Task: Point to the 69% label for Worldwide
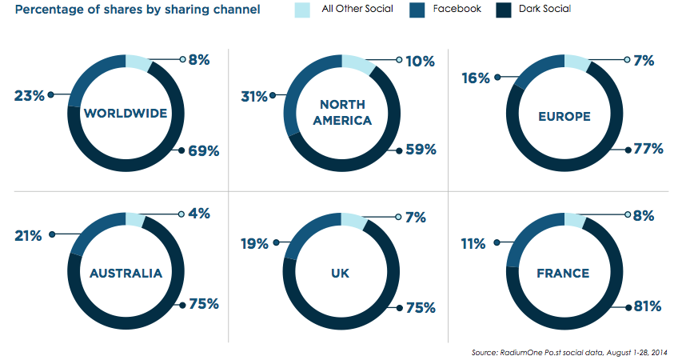(203, 150)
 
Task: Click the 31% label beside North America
(255, 96)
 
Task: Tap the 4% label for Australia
(200, 214)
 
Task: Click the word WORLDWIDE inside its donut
(126, 113)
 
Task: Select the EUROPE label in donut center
(564, 117)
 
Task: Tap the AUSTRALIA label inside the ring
(126, 273)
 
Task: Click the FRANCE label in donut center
(564, 273)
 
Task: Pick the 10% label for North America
(420, 61)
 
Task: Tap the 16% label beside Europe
(476, 78)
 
